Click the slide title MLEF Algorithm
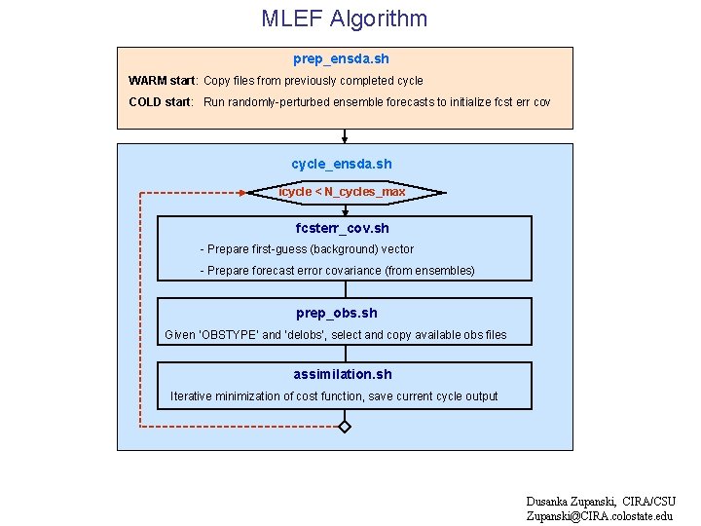(344, 19)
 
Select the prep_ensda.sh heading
(341, 59)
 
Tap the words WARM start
(163, 81)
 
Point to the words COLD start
(161, 102)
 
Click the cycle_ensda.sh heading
(342, 164)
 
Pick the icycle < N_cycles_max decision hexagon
(343, 192)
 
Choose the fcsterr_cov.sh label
(343, 228)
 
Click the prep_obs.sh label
(337, 313)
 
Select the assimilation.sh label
(343, 374)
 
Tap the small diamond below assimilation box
(344, 427)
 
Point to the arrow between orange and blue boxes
(344, 136)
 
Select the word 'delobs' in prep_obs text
(308, 335)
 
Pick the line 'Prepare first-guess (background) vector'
(307, 249)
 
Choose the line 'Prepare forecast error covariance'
(337, 271)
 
